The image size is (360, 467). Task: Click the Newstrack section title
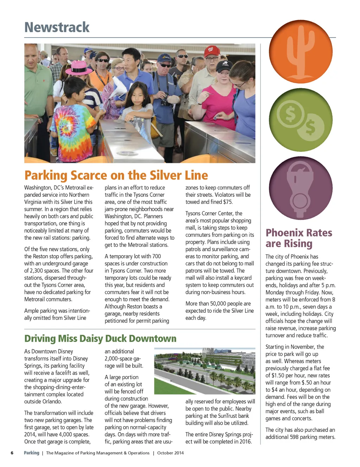pyautogui.click(x=57, y=27)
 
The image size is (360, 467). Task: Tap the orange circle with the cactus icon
pyautogui.click(x=301, y=52)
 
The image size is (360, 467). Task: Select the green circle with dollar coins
pyautogui.click(x=301, y=120)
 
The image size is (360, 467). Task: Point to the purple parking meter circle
pyautogui.click(x=301, y=188)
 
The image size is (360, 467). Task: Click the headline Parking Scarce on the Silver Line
pyautogui.click(x=116, y=175)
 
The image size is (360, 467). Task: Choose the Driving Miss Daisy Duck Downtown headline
pyautogui.click(x=100, y=338)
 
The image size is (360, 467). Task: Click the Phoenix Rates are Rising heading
pyautogui.click(x=298, y=238)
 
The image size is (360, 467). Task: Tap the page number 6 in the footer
pyautogui.click(x=12, y=453)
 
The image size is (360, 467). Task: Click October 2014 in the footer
pyautogui.click(x=170, y=453)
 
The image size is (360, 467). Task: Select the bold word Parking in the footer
pyautogui.click(x=31, y=453)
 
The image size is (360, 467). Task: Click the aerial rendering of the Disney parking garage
pyautogui.click(x=205, y=371)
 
